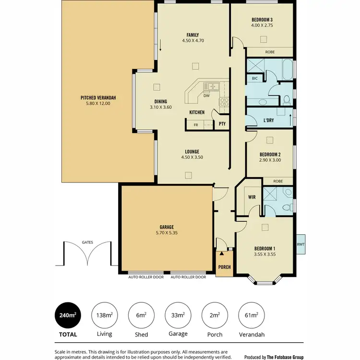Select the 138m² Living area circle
pyautogui.click(x=104, y=315)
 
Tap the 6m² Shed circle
pyautogui.click(x=141, y=315)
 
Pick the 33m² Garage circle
pyautogui.click(x=178, y=315)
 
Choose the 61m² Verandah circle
pyautogui.click(x=251, y=315)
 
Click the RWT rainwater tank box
pyautogui.click(x=300, y=244)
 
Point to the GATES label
pyautogui.click(x=87, y=243)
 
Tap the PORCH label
pyautogui.click(x=224, y=267)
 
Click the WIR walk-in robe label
pyautogui.click(x=252, y=197)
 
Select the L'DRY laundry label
pyautogui.click(x=269, y=120)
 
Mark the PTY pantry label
pyautogui.click(x=222, y=124)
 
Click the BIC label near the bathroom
pyautogui.click(x=254, y=78)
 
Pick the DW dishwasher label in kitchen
pyautogui.click(x=206, y=96)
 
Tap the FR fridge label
pyautogui.click(x=195, y=125)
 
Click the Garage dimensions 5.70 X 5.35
pyautogui.click(x=167, y=233)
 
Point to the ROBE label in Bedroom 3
pyautogui.click(x=270, y=52)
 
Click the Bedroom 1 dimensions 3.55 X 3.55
pyautogui.click(x=264, y=254)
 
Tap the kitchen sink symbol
pyautogui.click(x=211, y=86)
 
